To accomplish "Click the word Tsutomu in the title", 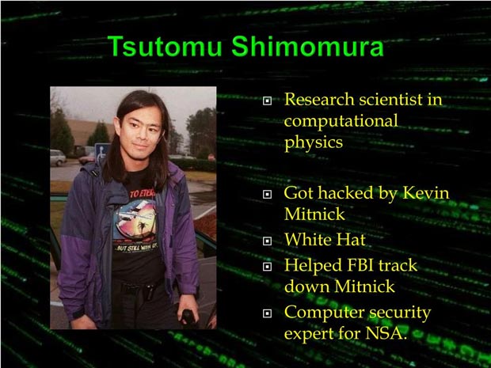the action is pos(165,47).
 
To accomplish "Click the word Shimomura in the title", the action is pos(307,47).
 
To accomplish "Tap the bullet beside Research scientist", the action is pos(267,101).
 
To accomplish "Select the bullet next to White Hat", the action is pos(267,241).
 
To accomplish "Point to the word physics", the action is pos(314,143).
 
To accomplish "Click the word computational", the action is pos(341,121).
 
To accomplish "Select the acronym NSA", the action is pos(386,333).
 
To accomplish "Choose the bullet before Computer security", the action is pos(267,313).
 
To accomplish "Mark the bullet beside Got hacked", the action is pos(267,195).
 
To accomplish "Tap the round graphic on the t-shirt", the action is pos(135,220).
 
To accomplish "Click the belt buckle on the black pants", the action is pos(150,292).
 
